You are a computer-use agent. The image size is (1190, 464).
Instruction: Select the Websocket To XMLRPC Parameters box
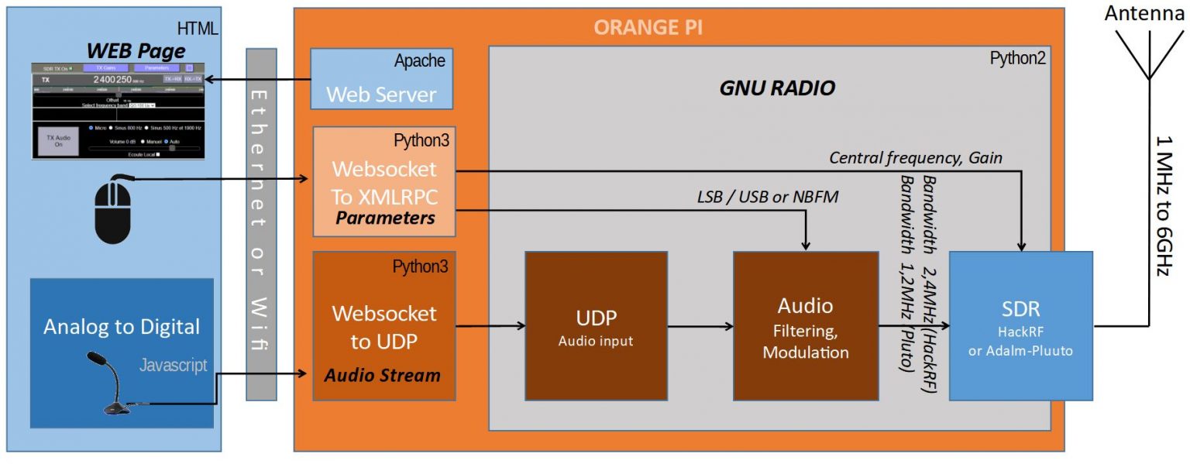[x=384, y=181]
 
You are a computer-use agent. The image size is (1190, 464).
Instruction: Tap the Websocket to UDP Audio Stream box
[x=384, y=325]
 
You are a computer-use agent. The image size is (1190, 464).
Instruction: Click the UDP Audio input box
[x=595, y=325]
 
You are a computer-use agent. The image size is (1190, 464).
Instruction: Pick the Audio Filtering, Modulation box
[x=805, y=325]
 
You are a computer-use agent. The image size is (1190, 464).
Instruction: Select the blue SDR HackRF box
[x=1020, y=325]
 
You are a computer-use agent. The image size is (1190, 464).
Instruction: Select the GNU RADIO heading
[x=777, y=88]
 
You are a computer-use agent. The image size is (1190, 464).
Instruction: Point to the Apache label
[x=419, y=60]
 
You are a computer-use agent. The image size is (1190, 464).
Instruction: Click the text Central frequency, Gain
[x=915, y=158]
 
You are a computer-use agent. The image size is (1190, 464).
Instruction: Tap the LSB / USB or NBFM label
[x=768, y=198]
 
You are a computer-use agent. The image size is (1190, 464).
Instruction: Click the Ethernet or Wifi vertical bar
[x=260, y=225]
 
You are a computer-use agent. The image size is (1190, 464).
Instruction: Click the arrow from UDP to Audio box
[x=700, y=326]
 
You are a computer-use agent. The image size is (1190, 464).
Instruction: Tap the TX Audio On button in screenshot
[x=54, y=140]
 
